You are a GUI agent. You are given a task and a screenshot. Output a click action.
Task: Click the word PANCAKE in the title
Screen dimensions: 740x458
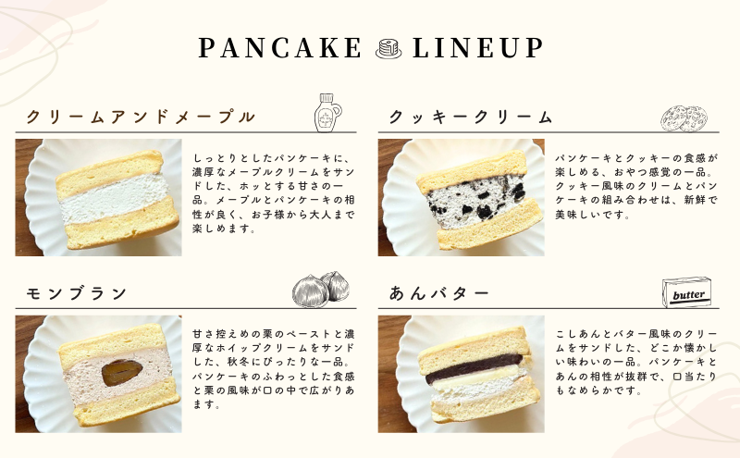pyautogui.click(x=280, y=48)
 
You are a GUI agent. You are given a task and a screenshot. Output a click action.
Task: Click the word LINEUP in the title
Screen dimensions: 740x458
pyautogui.click(x=478, y=48)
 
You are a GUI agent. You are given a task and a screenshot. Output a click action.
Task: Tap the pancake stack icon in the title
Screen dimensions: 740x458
pyautogui.click(x=388, y=49)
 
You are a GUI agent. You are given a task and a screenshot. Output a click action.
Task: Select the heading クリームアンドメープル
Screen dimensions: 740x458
pyautogui.click(x=141, y=117)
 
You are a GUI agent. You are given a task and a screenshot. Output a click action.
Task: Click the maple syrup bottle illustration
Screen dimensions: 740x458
pyautogui.click(x=327, y=112)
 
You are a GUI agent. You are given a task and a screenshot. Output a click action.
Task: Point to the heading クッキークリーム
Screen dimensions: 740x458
pyautogui.click(x=470, y=117)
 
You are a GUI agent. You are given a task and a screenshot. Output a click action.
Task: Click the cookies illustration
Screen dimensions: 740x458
pyautogui.click(x=684, y=118)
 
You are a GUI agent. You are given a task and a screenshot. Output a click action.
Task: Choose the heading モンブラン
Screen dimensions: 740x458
pyautogui.click(x=77, y=293)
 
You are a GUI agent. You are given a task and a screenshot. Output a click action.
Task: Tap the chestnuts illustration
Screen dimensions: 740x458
pyautogui.click(x=321, y=289)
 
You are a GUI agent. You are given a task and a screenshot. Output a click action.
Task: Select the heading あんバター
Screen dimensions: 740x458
pyautogui.click(x=438, y=293)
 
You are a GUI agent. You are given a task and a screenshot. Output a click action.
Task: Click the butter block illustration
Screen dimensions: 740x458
pyautogui.click(x=686, y=292)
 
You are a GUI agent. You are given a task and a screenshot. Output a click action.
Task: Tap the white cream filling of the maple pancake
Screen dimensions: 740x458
pyautogui.click(x=115, y=198)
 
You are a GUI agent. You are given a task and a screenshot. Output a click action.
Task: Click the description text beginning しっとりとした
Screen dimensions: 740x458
pyautogui.click(x=273, y=192)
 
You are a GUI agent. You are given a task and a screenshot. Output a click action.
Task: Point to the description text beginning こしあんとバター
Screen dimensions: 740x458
pyautogui.click(x=636, y=362)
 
